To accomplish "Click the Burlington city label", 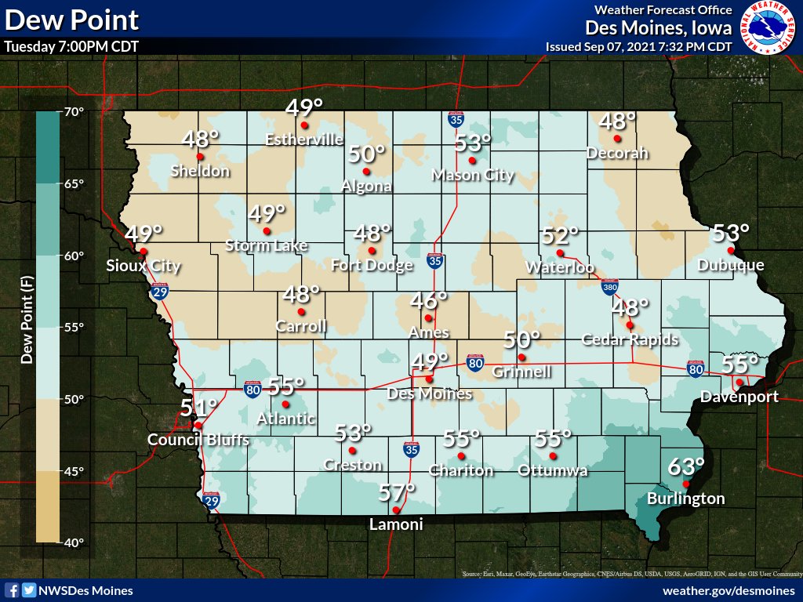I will tap(685, 499).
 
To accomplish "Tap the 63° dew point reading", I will tap(686, 467).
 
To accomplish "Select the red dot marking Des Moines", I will tap(429, 379).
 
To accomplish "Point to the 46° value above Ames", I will tap(430, 300).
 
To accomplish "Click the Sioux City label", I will tap(144, 266).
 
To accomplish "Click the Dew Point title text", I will tap(71, 20).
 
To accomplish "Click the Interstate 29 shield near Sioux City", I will tap(159, 292).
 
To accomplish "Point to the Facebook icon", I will tap(12, 590).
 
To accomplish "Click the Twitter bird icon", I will tap(28, 590).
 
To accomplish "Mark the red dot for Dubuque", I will tap(730, 251).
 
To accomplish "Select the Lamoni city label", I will tap(396, 525).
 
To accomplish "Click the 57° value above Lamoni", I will tap(396, 493).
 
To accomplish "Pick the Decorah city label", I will tap(618, 153).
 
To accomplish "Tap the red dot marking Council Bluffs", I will tap(198, 426).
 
